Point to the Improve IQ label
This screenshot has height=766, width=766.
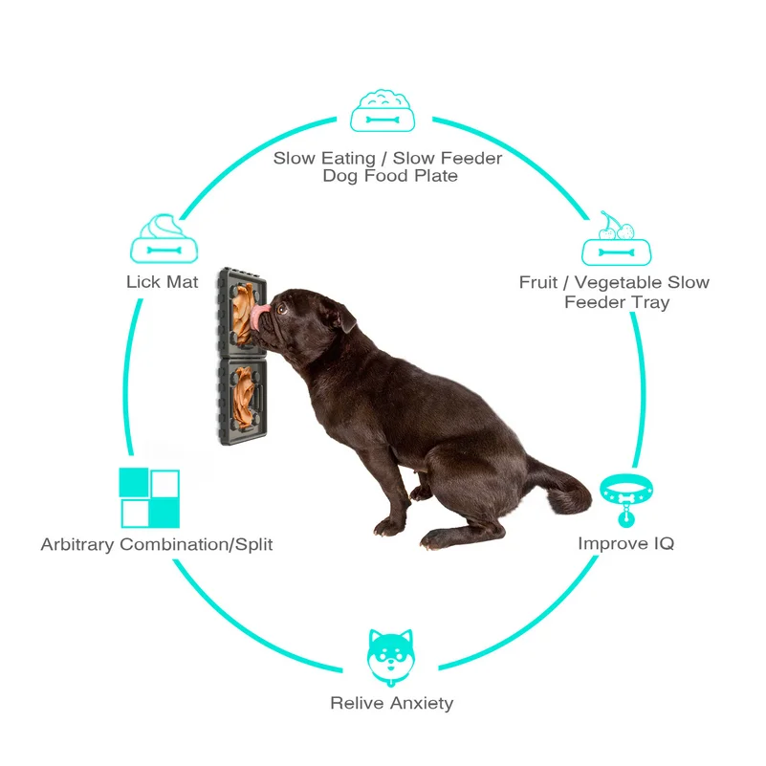click(625, 543)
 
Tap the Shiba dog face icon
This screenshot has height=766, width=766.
click(390, 656)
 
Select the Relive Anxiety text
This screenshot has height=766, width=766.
click(391, 703)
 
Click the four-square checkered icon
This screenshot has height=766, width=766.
click(149, 498)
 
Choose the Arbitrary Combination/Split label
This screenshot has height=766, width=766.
click(157, 544)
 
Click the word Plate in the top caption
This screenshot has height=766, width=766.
click(434, 176)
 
